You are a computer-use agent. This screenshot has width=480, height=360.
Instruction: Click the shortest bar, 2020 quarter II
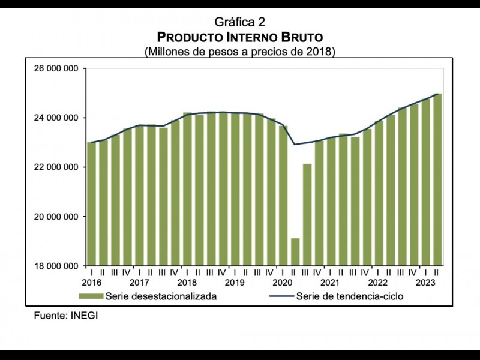[295, 252]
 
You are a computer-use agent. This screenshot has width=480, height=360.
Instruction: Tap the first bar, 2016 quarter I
[91, 204]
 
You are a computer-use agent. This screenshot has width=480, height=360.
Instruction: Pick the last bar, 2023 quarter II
[438, 180]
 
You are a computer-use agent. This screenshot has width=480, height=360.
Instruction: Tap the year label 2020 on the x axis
[282, 283]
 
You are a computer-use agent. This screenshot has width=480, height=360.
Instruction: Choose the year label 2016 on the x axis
[91, 283]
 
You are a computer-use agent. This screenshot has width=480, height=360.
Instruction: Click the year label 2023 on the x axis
[425, 283]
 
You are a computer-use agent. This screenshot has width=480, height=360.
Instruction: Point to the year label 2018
[187, 283]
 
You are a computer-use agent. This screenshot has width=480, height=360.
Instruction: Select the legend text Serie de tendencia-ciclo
[350, 296]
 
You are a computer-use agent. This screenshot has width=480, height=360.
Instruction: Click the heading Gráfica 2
[239, 23]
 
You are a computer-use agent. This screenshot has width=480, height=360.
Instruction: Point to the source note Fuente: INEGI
[65, 316]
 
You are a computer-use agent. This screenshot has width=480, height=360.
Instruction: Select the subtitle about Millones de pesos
[239, 51]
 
